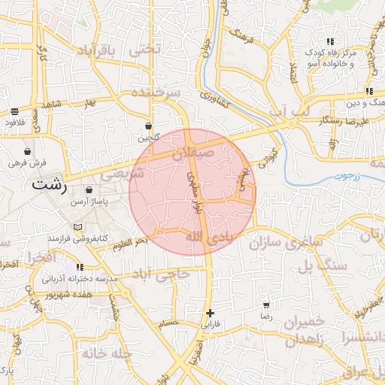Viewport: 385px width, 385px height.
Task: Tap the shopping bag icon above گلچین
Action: click(149, 127)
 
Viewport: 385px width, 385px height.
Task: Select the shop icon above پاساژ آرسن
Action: click(89, 190)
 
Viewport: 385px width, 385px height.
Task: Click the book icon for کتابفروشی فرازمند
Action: click(77, 226)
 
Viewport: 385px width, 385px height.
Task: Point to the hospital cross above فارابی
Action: click(210, 313)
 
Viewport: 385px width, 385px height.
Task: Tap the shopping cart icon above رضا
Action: click(266, 306)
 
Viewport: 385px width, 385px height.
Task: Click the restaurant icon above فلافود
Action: click(15, 111)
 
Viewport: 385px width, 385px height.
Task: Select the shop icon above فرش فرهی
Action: click(28, 151)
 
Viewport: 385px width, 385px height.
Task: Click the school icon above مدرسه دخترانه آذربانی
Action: click(80, 267)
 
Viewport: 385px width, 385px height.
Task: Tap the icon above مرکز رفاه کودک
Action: click(329, 42)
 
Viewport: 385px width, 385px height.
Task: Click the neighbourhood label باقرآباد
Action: click(98, 50)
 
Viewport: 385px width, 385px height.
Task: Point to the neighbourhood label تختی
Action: click(145, 50)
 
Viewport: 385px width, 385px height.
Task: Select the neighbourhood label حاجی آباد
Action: click(172, 275)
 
